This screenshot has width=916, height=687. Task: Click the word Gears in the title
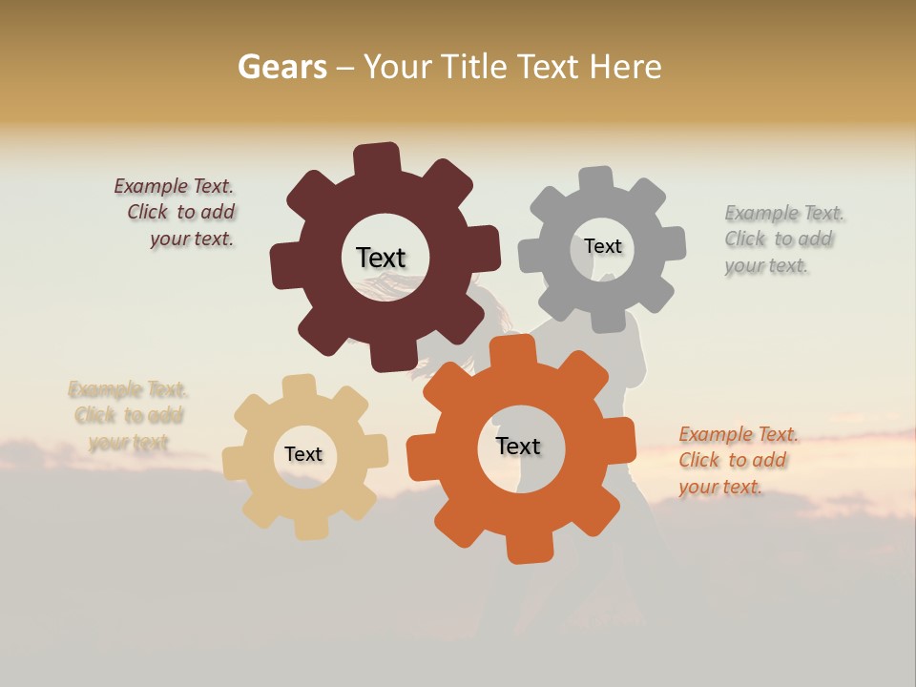point(281,68)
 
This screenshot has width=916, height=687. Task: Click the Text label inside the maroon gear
point(381,258)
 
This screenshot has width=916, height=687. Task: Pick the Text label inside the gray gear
point(602,246)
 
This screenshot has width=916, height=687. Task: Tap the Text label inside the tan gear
point(303,454)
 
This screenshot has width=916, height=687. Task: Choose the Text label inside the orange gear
point(518,446)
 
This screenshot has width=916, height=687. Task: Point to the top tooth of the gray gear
point(596,179)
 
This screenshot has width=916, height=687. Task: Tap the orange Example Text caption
point(737,461)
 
